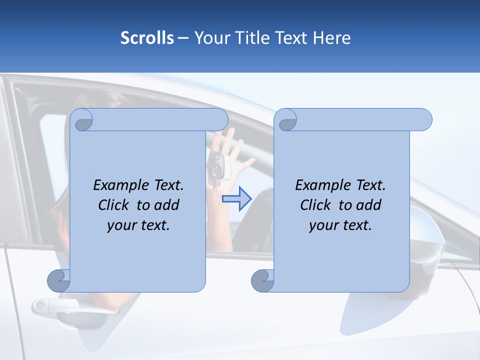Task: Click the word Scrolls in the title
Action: [147, 38]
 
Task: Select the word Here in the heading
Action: [331, 38]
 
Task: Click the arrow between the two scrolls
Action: [236, 199]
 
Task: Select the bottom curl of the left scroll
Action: [59, 280]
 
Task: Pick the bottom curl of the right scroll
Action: [262, 280]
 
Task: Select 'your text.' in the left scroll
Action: [138, 225]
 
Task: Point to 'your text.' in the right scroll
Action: [340, 225]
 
